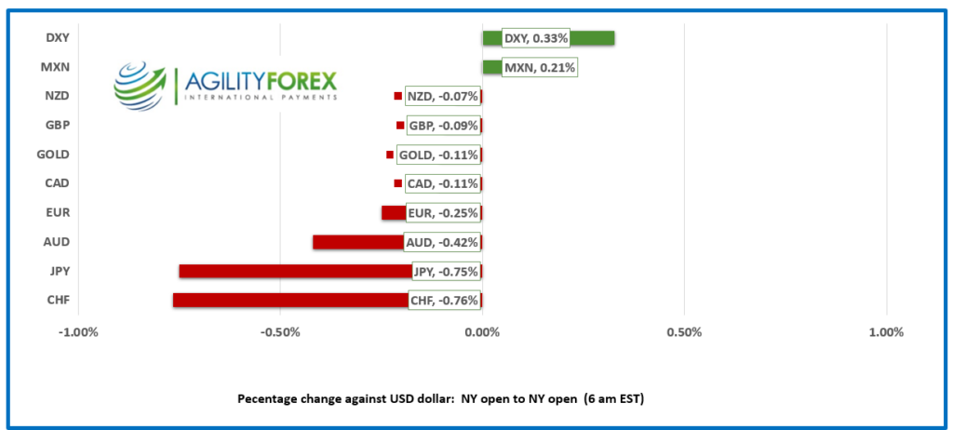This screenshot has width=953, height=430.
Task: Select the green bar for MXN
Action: pos(491,67)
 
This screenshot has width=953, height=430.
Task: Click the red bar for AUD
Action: pos(358,242)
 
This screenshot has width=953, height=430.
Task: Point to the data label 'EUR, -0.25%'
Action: pos(443,213)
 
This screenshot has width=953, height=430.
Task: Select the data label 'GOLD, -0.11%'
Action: pos(438,155)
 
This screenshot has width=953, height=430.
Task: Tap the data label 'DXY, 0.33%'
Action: pos(535,38)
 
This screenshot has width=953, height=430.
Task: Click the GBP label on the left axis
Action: pos(56,126)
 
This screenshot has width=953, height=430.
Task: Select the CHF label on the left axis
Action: pos(56,300)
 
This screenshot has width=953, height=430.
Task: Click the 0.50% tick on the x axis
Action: pos(684,332)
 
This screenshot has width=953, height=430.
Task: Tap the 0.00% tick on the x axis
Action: pos(482,332)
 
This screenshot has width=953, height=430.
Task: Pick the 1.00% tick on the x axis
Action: pos(885,332)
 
